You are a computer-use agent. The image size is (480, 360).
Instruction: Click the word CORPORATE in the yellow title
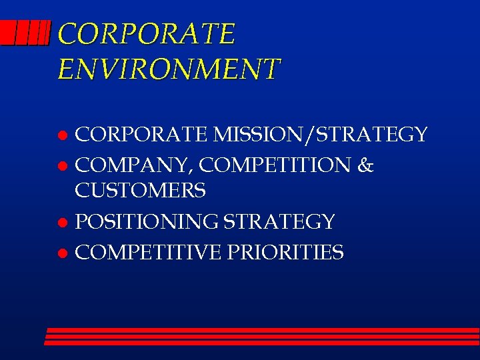coord(147,34)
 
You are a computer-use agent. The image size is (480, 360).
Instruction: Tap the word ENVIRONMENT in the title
coord(169,69)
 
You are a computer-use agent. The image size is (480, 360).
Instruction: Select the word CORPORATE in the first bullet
coord(142,135)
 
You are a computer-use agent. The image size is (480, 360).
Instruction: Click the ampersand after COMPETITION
coord(366,165)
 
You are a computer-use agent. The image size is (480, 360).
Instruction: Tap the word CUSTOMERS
coord(140,192)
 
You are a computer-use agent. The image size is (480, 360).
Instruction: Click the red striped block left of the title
coord(25,33)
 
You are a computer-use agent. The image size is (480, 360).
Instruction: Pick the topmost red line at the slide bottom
coord(263,330)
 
